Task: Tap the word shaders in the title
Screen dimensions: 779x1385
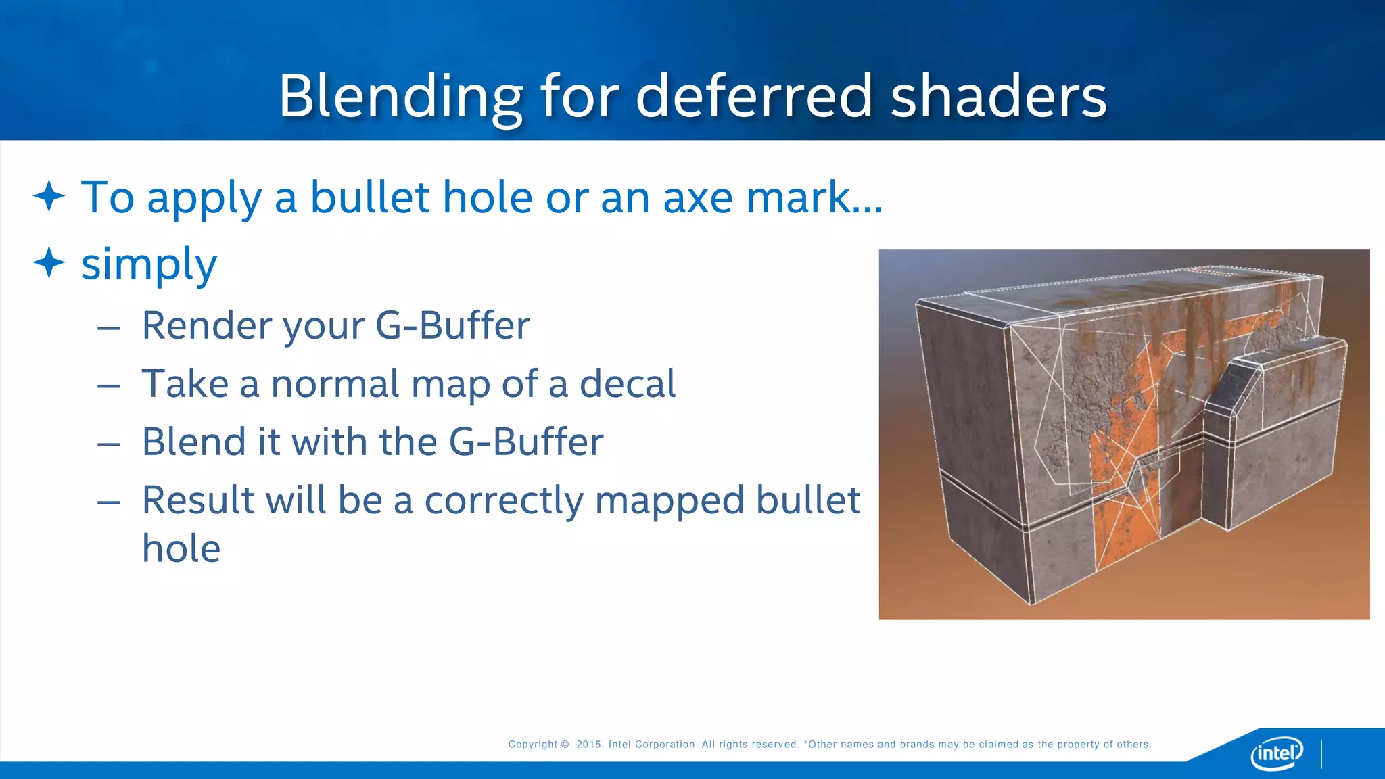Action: (x=998, y=97)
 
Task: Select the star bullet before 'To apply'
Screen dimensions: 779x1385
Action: (x=49, y=197)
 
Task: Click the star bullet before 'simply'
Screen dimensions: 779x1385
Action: (x=49, y=262)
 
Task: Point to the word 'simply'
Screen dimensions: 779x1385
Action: (x=149, y=265)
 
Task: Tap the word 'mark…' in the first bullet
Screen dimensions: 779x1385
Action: (x=814, y=198)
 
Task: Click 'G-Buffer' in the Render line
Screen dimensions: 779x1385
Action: (x=452, y=326)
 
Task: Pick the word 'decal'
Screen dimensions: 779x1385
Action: (x=627, y=384)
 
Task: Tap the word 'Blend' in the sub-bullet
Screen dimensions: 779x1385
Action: (x=193, y=442)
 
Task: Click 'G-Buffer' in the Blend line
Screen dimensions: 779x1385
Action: (x=525, y=442)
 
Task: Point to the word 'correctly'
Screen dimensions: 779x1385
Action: (x=503, y=501)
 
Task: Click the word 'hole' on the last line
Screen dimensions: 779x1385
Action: (x=181, y=548)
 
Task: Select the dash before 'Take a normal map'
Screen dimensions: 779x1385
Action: (x=109, y=386)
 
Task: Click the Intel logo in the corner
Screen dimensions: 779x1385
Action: (x=1276, y=752)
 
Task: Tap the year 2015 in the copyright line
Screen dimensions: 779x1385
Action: (x=588, y=745)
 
